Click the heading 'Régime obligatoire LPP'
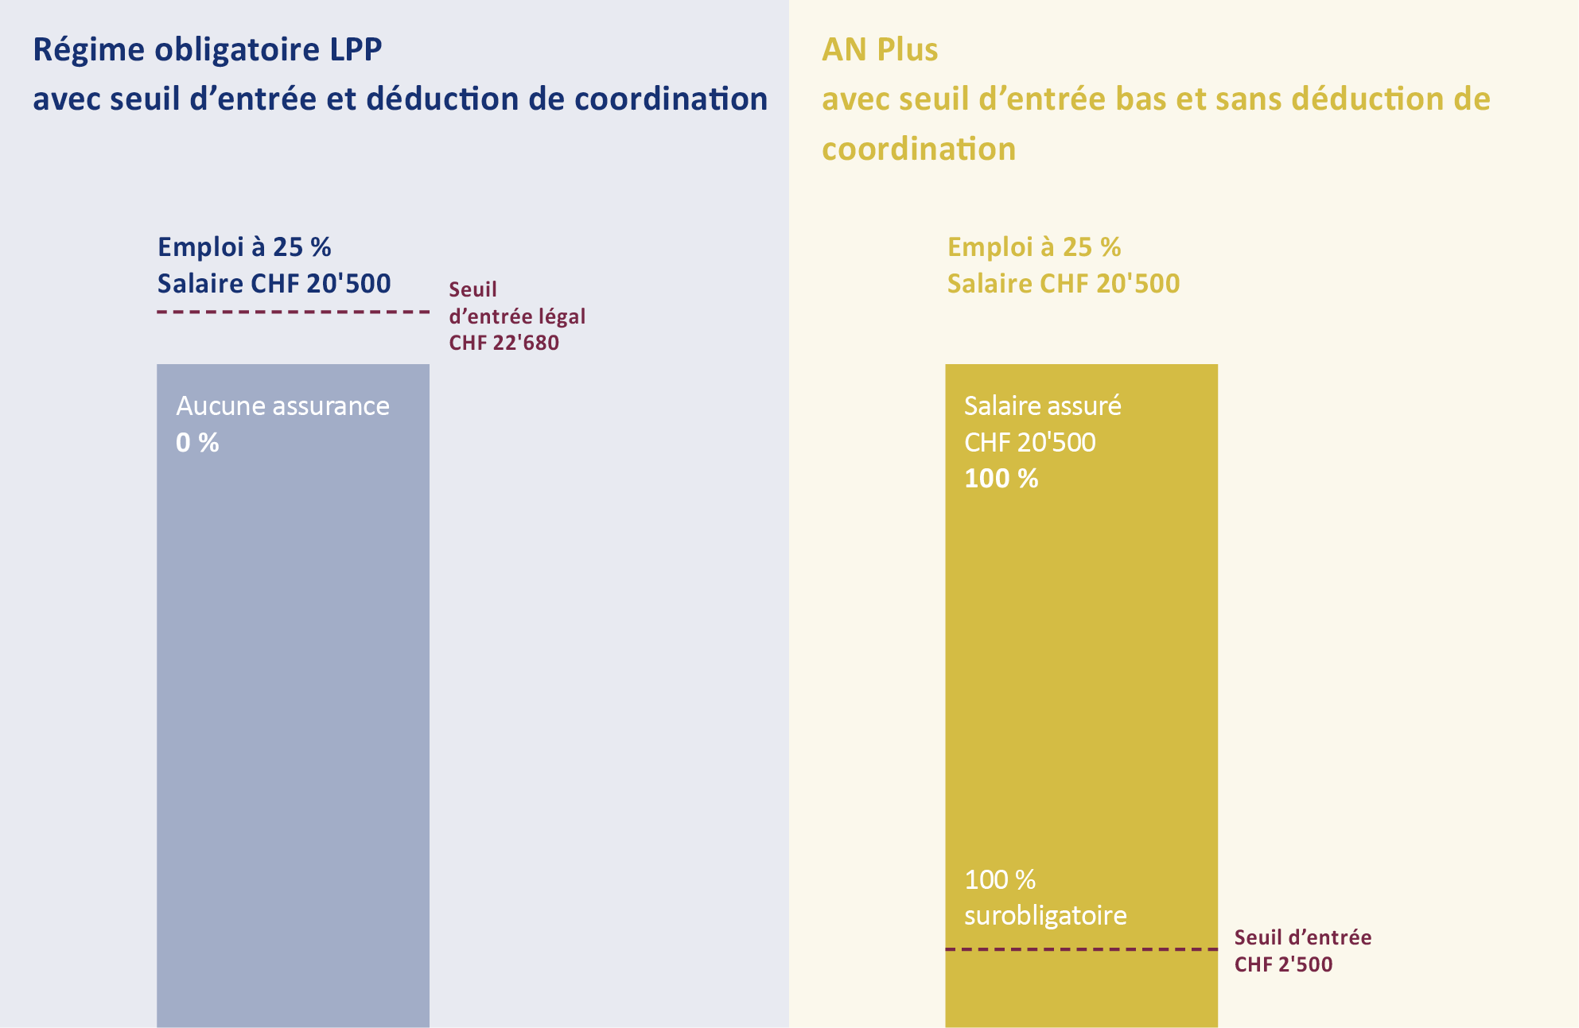[207, 50]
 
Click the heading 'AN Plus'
[880, 50]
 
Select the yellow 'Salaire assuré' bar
[1081, 676]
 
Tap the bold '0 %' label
[197, 443]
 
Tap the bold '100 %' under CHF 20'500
[1001, 479]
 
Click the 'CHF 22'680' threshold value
[504, 343]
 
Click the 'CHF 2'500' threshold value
[1283, 964]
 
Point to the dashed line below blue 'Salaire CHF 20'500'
[293, 312]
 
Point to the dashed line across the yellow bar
[1081, 948]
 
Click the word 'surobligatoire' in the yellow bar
[1045, 916]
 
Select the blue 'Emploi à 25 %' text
[244, 247]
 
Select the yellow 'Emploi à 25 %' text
[1033, 247]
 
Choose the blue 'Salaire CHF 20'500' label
[274, 284]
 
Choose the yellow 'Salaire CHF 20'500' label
[1063, 284]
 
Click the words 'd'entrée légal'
[517, 316]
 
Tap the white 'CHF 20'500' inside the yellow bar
[1029, 442]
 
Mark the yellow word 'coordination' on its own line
[918, 149]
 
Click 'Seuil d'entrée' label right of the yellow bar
[1302, 937]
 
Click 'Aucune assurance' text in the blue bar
[282, 406]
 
